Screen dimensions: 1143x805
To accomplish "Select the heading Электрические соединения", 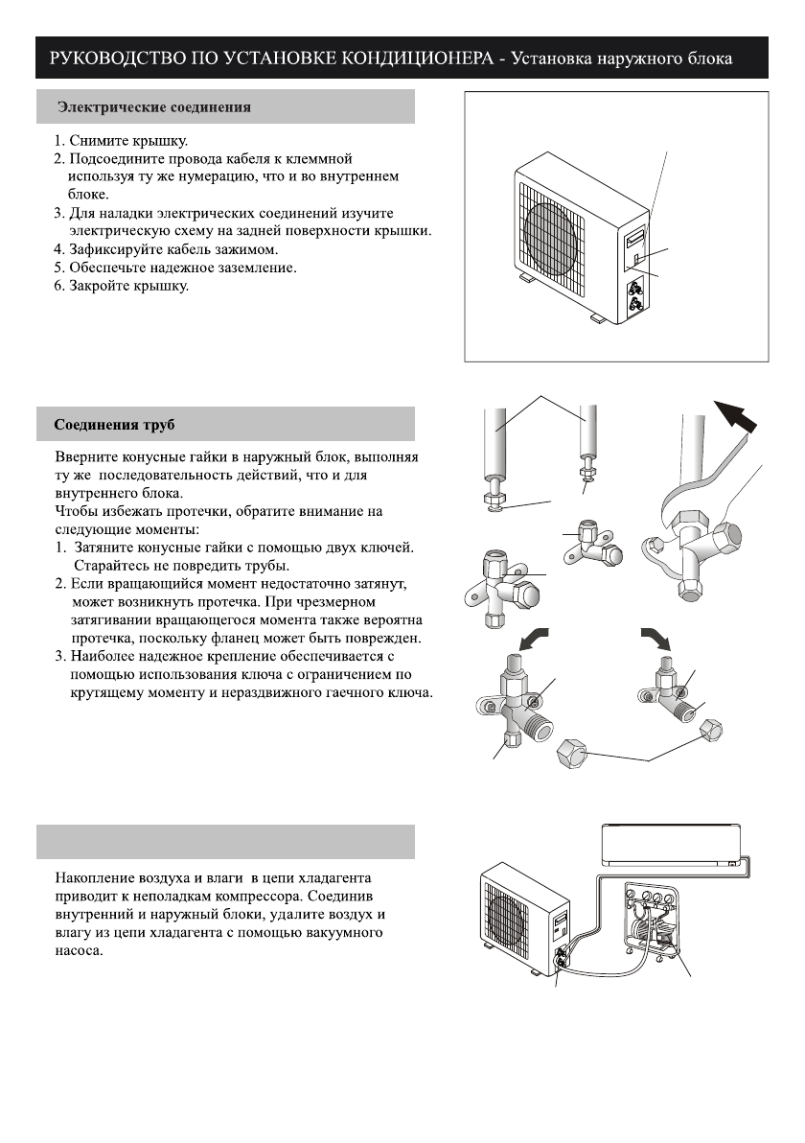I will [154, 107].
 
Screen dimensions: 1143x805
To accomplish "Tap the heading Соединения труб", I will [114, 423].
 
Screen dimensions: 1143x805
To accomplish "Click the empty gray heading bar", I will [225, 842].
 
